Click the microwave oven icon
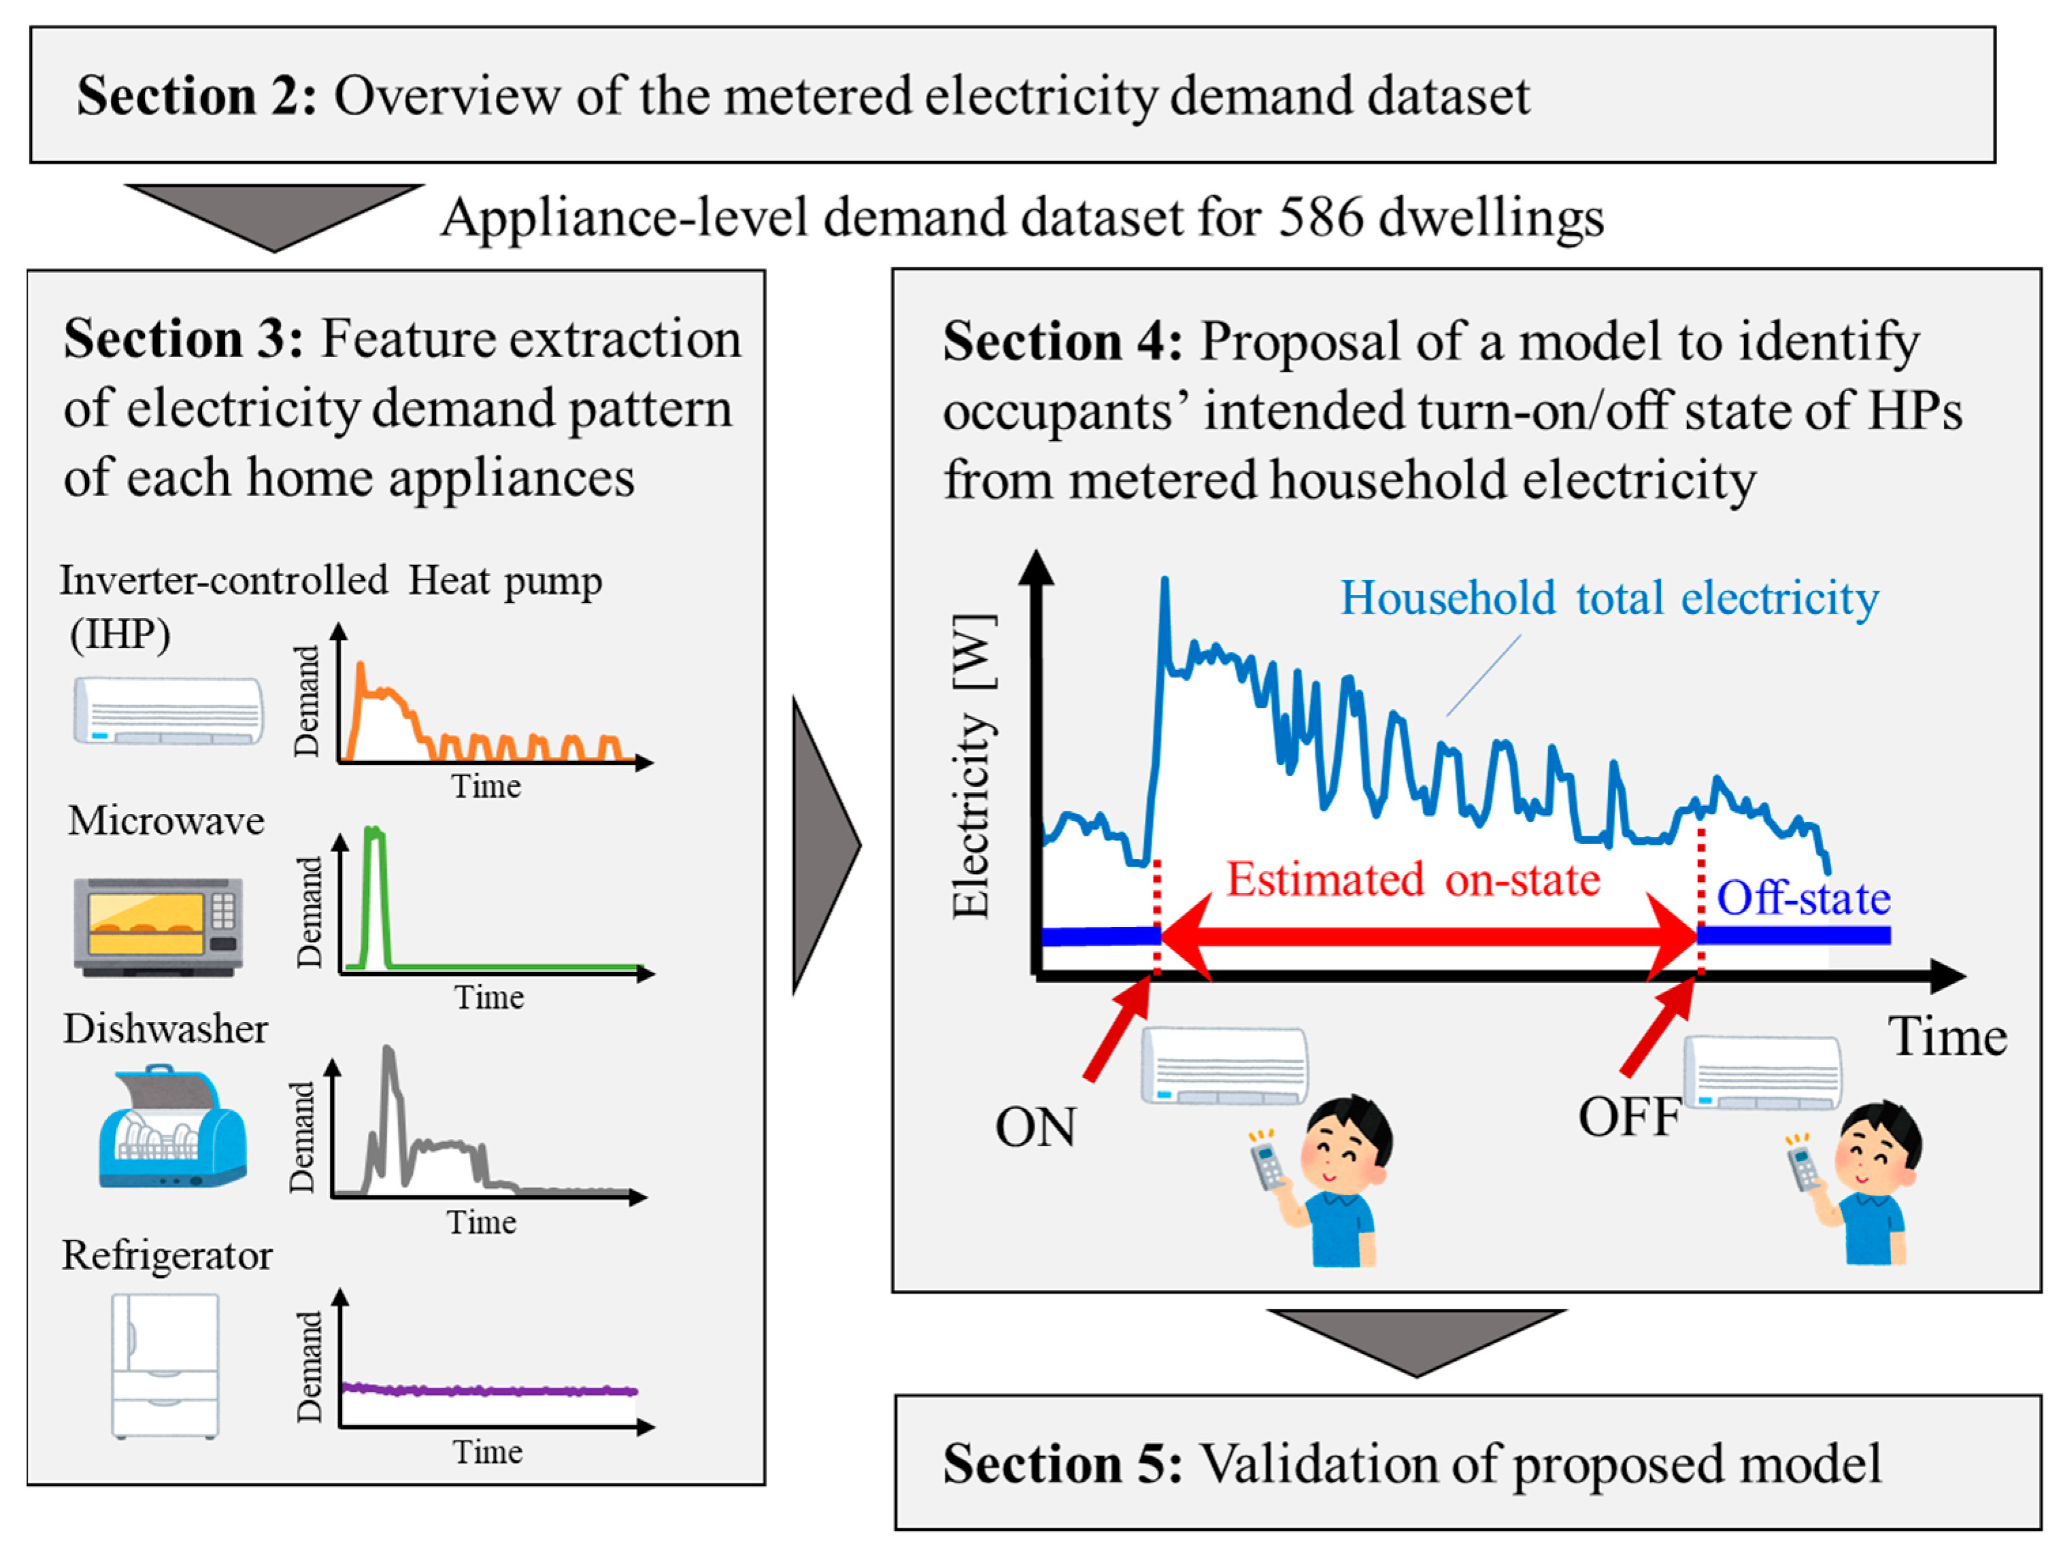(x=158, y=926)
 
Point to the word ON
(x=1035, y=1127)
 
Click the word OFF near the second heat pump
(x=1628, y=1117)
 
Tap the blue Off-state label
(x=1803, y=899)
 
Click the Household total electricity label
(x=1609, y=598)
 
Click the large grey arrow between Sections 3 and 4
(x=824, y=845)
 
